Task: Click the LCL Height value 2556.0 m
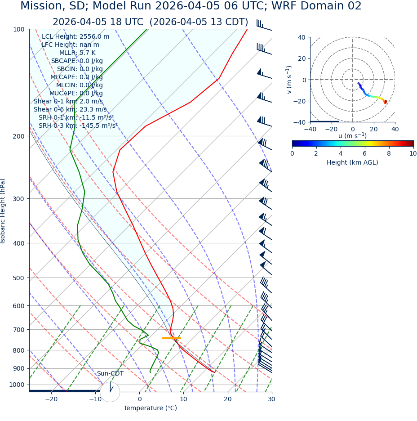coord(94,37)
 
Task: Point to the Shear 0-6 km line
coord(70,110)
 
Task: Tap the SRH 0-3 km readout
coord(78,126)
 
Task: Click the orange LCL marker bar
coord(171,338)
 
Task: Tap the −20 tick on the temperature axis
coord(51,399)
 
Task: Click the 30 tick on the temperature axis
coord(271,399)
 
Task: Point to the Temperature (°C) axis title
coord(150,408)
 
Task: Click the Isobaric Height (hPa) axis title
coord(3,211)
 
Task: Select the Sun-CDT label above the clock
coord(110,374)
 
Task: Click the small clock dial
coord(110,392)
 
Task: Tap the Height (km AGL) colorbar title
coord(352,162)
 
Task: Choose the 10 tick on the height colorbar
coord(413,153)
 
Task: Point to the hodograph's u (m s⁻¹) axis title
coord(352,136)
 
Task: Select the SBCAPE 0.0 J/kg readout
coord(77,61)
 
